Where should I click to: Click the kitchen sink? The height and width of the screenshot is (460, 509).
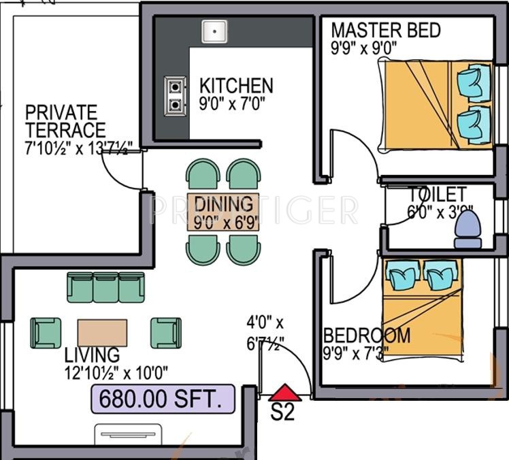(215, 31)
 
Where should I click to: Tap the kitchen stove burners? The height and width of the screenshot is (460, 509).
(176, 95)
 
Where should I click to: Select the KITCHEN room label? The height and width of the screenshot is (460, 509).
(236, 86)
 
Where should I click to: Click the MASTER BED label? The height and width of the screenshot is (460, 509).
(386, 31)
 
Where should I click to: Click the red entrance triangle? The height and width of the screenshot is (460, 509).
(283, 393)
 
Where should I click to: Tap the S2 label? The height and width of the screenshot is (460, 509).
(282, 412)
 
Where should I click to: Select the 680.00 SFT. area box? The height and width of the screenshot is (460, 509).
(163, 399)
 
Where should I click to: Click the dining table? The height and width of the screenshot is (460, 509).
(224, 212)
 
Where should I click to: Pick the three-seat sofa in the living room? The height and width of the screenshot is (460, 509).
(105, 287)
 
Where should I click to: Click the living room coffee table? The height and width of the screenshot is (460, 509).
(102, 333)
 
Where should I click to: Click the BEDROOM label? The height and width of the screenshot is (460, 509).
(367, 335)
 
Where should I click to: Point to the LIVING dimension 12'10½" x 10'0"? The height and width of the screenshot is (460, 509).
(117, 372)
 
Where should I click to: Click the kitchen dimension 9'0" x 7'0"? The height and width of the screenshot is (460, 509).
(232, 104)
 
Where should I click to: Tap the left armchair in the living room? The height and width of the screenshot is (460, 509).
(46, 333)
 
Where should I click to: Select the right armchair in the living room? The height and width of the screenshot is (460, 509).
(165, 333)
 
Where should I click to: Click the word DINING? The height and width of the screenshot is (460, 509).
(224, 203)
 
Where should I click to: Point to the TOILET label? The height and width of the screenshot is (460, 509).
(437, 195)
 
